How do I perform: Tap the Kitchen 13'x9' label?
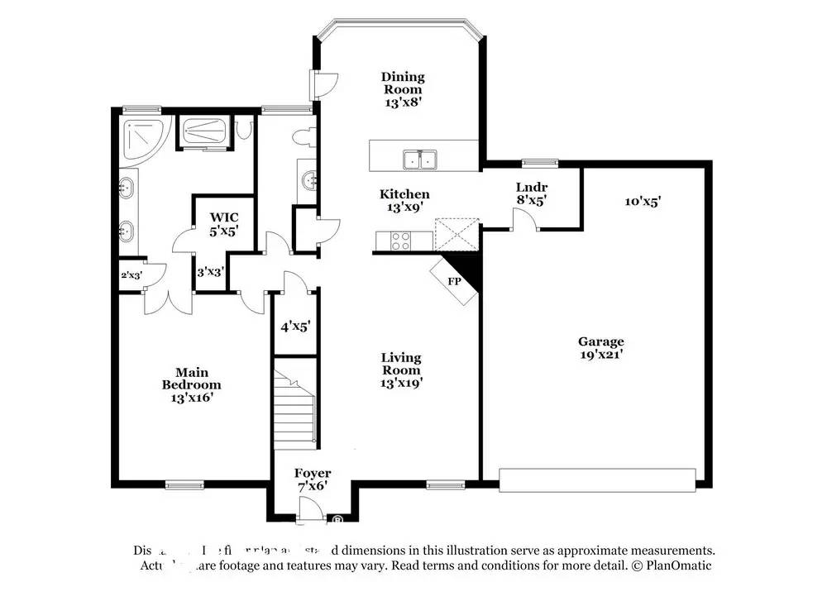404,201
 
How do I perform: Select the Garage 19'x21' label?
600,347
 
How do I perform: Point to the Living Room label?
401,370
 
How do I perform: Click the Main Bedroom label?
191,384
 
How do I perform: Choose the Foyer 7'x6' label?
313,479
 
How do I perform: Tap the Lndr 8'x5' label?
531,193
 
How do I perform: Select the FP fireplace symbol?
455,280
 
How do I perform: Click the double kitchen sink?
420,159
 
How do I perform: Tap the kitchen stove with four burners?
400,241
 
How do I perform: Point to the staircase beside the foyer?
296,408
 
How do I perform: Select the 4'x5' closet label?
295,326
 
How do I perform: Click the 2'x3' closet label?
131,274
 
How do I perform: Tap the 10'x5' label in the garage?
643,200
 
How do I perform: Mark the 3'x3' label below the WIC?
209,270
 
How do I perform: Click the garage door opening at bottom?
597,480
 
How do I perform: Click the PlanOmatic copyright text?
671,565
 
